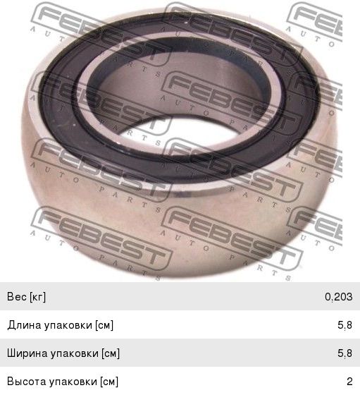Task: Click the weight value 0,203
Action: click(x=338, y=297)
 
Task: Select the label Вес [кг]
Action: click(x=26, y=297)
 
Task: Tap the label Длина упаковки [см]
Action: click(x=61, y=325)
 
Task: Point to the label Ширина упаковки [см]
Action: click(x=63, y=353)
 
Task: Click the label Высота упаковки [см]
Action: click(x=63, y=382)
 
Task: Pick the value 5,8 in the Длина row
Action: click(x=345, y=325)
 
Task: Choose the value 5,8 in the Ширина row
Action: click(x=345, y=353)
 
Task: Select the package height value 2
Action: click(x=349, y=382)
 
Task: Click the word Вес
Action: click(x=17, y=296)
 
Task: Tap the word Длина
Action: click(x=25, y=325)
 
